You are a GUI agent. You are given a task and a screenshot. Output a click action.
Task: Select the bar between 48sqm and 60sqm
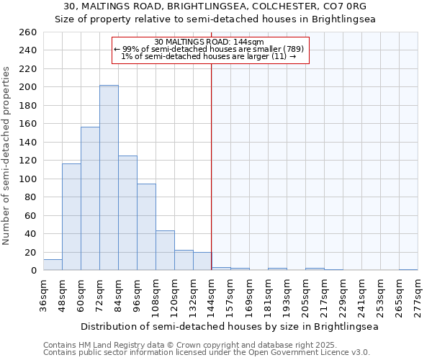[71, 217]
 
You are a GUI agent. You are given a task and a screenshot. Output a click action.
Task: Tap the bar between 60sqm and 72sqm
[90, 199]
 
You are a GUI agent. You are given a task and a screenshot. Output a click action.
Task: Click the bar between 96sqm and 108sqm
[146, 227]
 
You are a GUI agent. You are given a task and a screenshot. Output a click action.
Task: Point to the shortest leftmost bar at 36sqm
[53, 265]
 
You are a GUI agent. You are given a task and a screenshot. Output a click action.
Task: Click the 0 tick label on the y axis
[33, 271]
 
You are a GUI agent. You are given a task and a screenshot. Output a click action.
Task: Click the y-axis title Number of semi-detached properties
[7, 156]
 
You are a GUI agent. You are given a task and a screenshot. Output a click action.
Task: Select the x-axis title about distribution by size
[230, 326]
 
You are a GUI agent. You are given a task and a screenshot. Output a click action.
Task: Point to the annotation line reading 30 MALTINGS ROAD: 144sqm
[210, 42]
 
